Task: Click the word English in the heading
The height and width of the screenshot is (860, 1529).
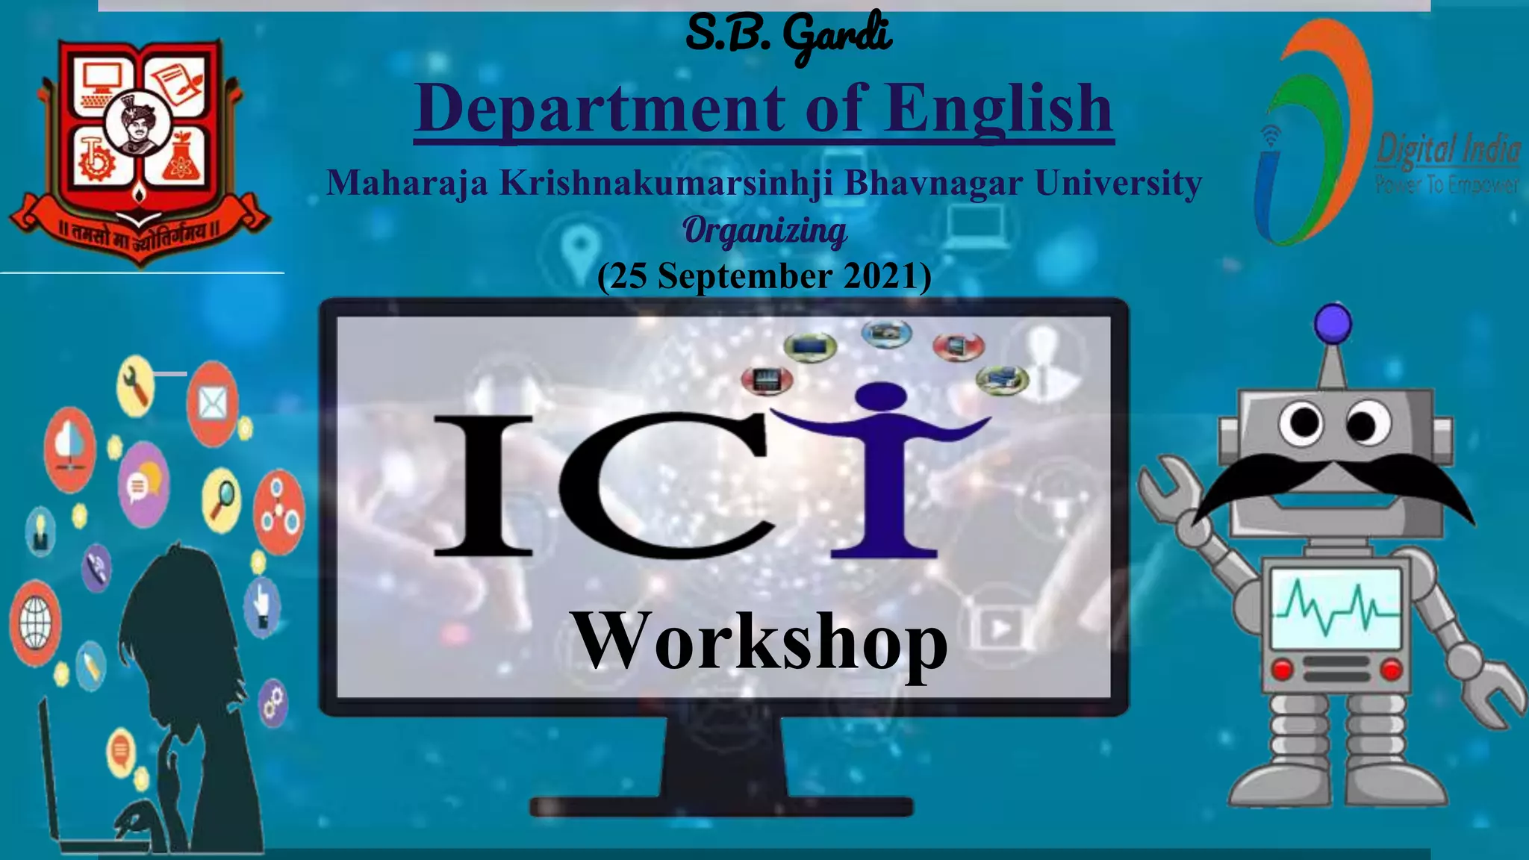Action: click(999, 109)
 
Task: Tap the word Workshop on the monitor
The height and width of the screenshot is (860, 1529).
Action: click(759, 641)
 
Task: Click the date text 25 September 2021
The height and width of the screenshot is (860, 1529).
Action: click(764, 276)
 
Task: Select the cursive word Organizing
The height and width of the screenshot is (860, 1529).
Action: click(764, 231)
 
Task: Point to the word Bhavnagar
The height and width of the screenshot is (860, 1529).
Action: click(933, 183)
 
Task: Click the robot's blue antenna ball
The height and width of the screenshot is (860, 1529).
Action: click(1333, 323)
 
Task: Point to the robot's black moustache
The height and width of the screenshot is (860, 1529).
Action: click(1333, 484)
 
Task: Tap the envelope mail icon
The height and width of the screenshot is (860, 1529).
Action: click(213, 404)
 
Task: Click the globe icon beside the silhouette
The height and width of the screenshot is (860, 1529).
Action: click(35, 624)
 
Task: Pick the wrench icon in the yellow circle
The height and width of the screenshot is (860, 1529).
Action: click(136, 387)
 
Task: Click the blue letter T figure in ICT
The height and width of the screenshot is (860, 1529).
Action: click(883, 470)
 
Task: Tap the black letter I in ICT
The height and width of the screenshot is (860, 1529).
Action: click(484, 486)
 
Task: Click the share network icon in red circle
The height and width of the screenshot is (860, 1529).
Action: click(278, 512)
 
